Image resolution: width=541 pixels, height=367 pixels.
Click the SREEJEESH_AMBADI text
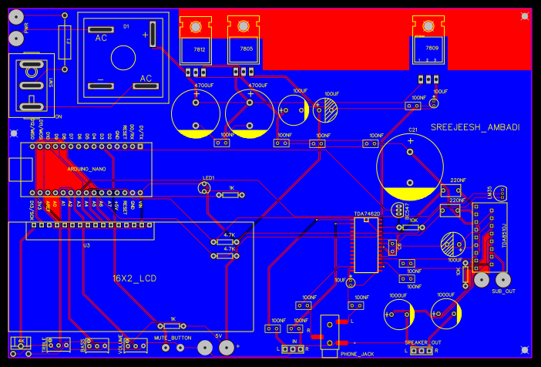coord(475,127)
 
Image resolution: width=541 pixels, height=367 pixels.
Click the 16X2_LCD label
coord(134,278)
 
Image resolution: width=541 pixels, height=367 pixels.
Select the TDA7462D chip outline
coord(367,245)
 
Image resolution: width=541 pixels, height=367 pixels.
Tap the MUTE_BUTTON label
coord(172,338)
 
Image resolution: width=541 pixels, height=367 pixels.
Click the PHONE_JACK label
coord(356,354)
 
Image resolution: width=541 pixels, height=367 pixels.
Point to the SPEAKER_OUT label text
coord(423,342)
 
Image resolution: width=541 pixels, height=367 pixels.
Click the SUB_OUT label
coord(503,291)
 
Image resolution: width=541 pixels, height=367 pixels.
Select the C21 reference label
coord(412,130)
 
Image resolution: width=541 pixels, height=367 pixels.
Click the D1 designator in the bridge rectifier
coord(126,26)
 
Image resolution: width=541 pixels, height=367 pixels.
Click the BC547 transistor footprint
coord(398,210)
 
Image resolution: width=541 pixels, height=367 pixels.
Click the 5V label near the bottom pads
coord(218,336)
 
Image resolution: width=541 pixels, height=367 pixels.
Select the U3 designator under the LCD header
coord(86,244)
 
